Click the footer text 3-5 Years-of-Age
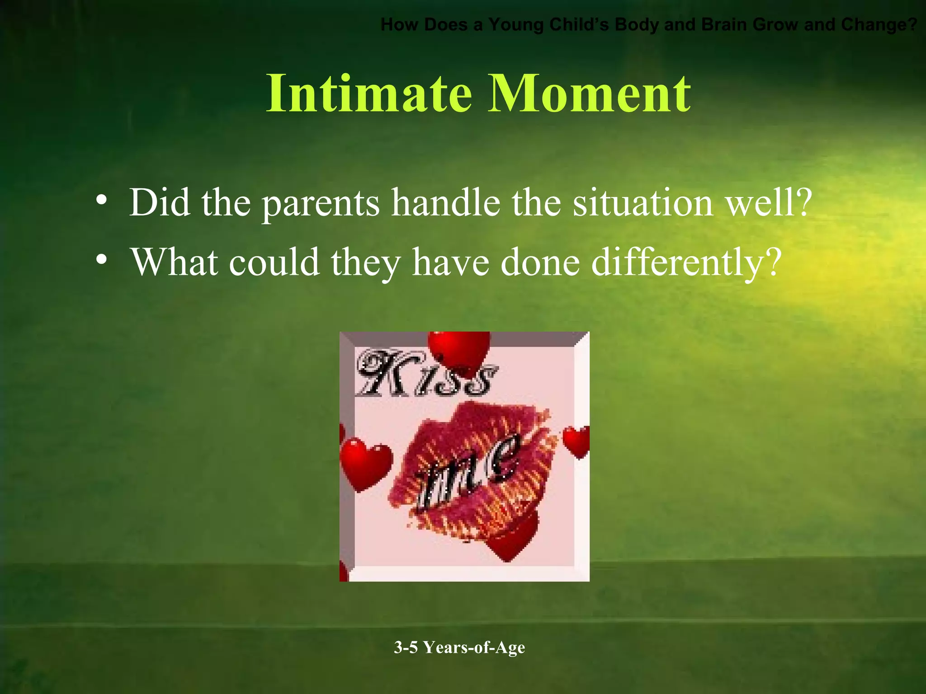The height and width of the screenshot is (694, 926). tap(459, 647)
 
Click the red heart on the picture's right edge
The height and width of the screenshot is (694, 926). tap(577, 441)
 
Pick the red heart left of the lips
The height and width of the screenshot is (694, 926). tap(364, 463)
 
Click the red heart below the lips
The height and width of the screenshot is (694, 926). tap(511, 538)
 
